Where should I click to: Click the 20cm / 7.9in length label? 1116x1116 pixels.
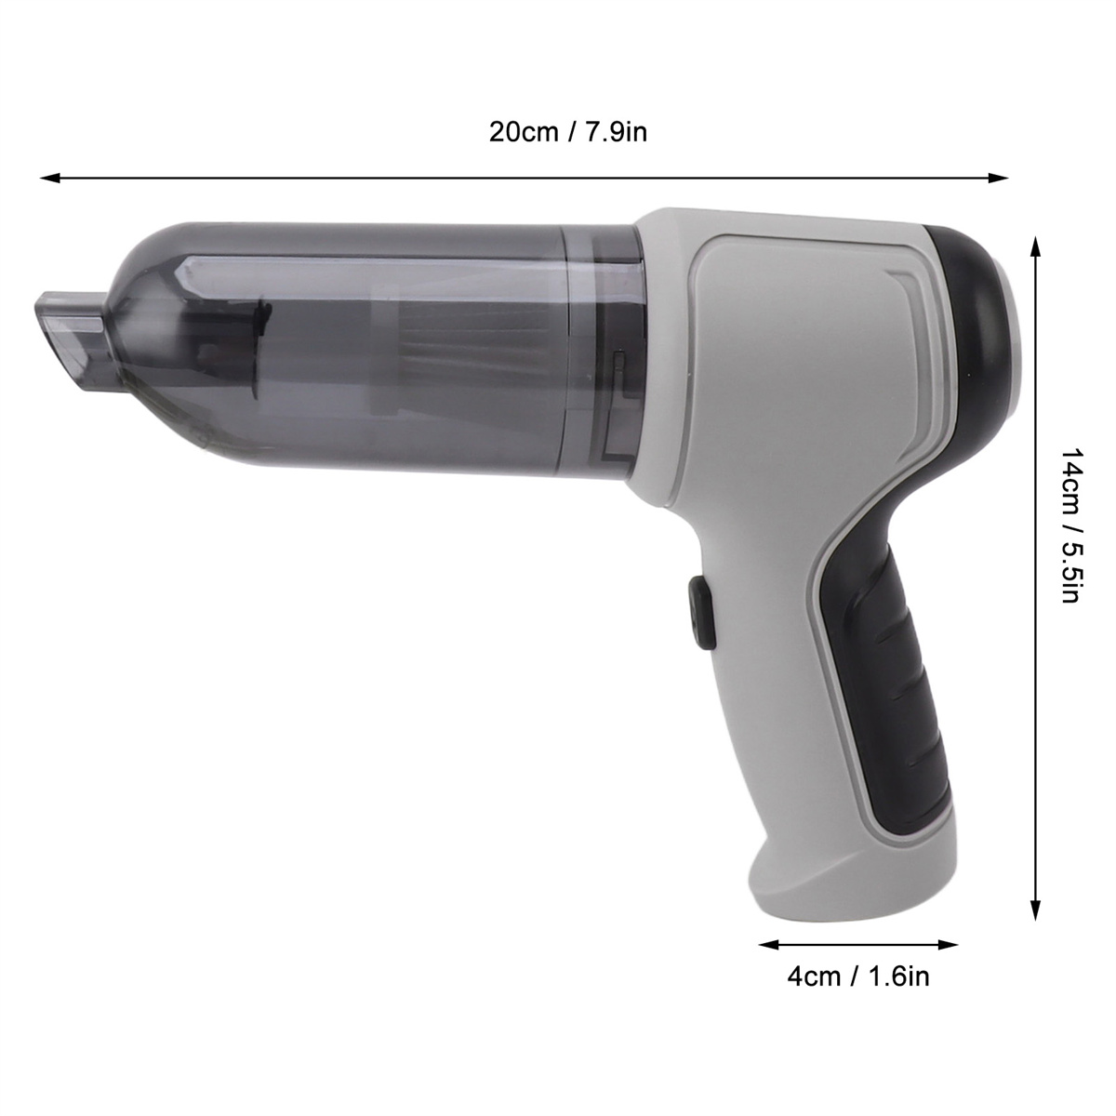(x=568, y=133)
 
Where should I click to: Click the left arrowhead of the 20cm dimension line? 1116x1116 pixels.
(x=50, y=178)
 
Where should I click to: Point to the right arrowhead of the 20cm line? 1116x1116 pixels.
(x=998, y=178)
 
